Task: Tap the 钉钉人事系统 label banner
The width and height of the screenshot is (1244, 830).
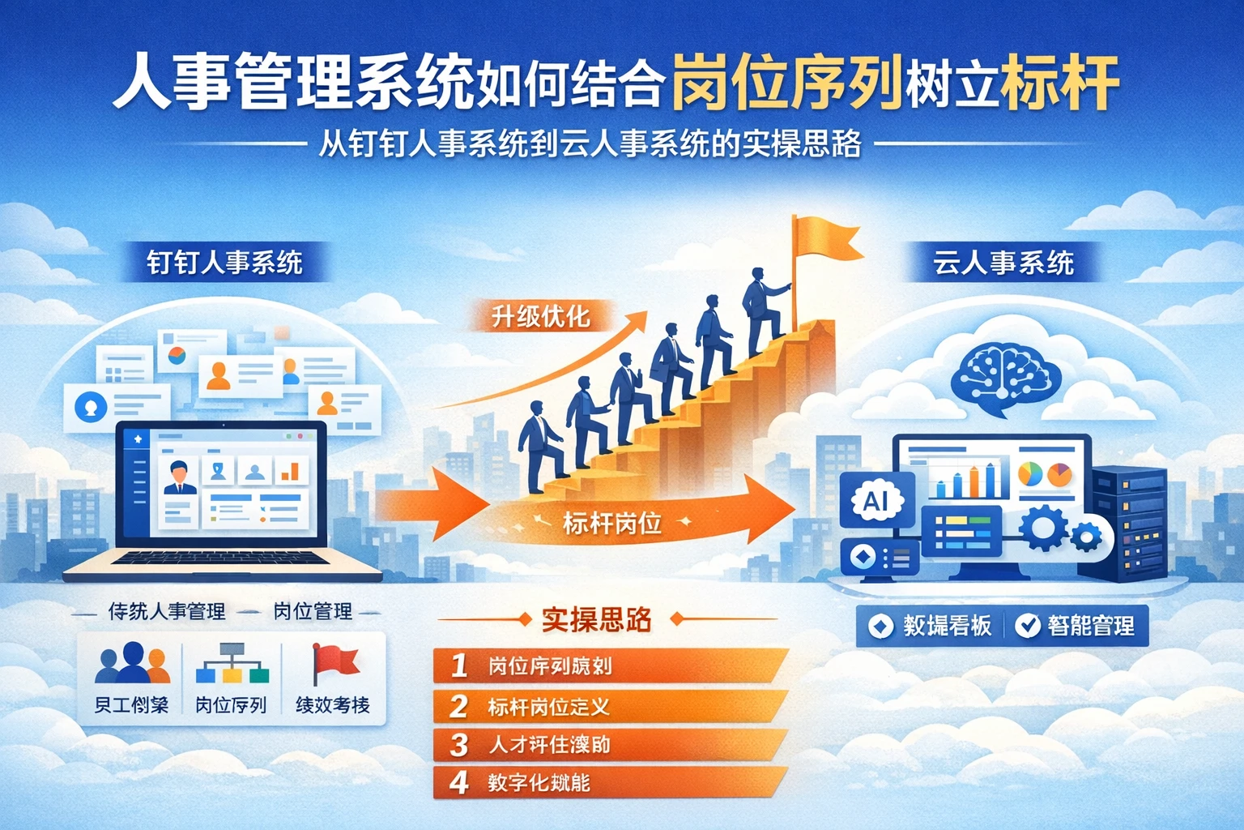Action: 224,263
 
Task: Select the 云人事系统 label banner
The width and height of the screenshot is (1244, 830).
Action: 1003,263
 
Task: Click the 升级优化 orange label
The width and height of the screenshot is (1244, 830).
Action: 540,316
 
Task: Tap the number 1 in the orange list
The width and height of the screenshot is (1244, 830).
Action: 459,665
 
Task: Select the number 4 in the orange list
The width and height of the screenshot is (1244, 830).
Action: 459,782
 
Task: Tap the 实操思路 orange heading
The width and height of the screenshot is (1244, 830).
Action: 597,620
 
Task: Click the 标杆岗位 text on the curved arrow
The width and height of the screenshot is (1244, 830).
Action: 612,524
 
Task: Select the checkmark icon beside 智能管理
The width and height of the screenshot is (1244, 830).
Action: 1028,625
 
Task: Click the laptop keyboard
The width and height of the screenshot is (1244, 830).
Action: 223,559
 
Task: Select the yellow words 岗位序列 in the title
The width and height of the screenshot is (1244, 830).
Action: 786,83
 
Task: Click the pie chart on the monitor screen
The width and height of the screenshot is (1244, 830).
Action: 1030,473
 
